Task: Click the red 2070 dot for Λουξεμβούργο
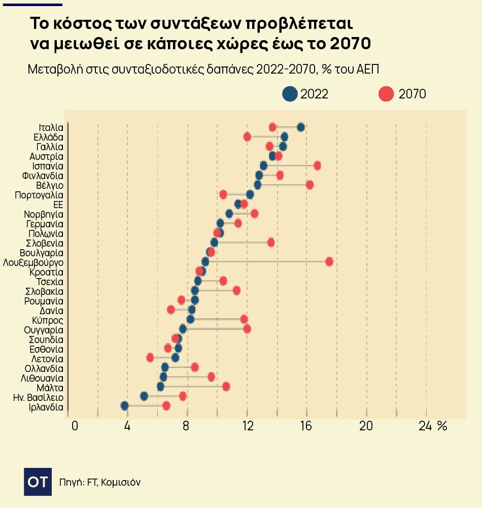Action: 329,261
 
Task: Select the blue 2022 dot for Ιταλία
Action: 301,127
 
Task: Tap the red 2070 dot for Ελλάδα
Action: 247,137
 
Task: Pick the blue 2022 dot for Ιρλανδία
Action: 125,405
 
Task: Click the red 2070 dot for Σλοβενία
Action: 271,242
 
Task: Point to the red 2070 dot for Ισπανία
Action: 317,165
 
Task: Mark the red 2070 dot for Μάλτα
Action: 226,387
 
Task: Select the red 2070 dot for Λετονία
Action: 150,358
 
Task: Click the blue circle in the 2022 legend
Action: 290,94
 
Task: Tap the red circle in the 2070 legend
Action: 387,94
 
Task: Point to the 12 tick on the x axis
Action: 247,426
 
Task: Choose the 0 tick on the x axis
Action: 75,426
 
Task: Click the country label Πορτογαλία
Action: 39,195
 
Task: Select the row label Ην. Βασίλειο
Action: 38,397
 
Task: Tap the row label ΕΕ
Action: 58,205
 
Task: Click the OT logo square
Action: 38,482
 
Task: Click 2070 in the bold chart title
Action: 350,44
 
